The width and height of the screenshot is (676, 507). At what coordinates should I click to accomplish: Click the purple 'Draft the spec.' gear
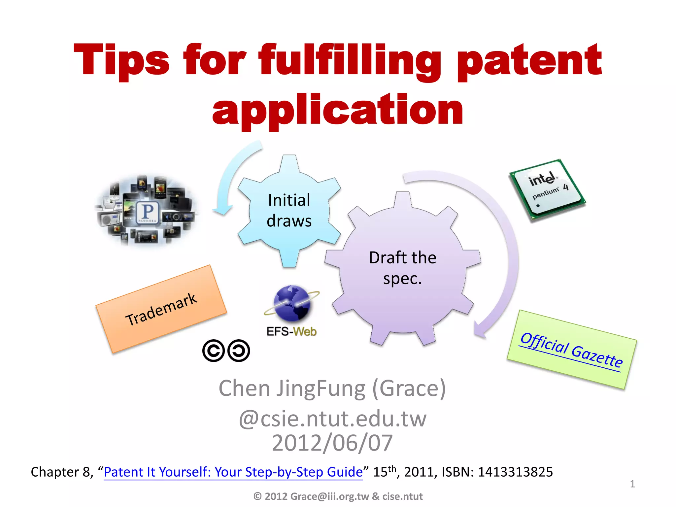[402, 268]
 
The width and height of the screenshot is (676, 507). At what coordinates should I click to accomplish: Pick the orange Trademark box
[161, 309]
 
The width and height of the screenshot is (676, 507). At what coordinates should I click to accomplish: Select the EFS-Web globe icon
[292, 303]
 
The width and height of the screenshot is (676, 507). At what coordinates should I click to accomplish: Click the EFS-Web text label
[291, 331]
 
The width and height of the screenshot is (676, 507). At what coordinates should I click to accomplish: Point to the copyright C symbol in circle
[214, 351]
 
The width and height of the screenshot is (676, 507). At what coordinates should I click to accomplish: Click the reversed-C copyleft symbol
[239, 351]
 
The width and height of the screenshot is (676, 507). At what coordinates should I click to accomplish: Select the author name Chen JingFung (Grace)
[332, 389]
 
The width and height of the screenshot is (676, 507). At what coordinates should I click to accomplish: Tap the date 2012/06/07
[332, 443]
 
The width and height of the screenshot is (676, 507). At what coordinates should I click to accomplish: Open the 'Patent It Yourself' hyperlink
[233, 472]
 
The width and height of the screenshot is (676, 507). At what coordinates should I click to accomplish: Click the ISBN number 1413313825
[515, 472]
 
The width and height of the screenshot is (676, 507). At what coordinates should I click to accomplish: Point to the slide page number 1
[632, 484]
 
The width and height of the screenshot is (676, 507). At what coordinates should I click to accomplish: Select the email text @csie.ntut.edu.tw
[332, 419]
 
